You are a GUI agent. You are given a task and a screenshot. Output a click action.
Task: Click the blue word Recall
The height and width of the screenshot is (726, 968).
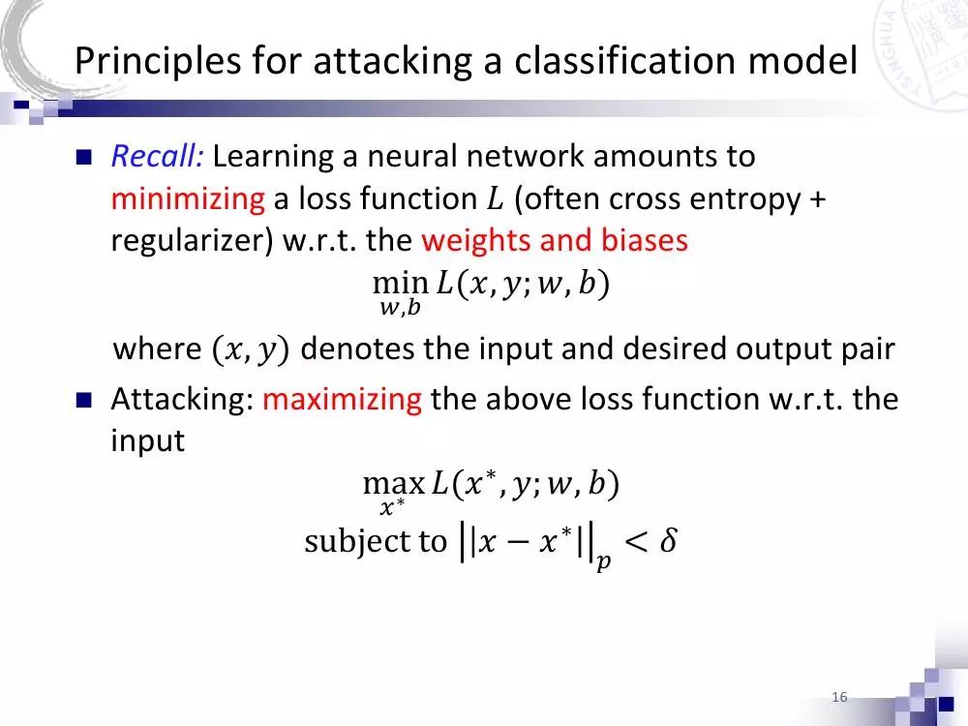coord(156,156)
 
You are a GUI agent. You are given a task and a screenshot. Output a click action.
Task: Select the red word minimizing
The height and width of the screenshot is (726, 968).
coord(187,199)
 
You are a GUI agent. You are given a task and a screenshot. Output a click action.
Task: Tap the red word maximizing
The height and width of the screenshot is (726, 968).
coord(342,399)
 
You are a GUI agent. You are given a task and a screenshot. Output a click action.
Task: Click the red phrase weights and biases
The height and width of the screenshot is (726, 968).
coord(555,241)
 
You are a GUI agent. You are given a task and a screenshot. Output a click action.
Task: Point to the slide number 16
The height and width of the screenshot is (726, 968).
coord(839,698)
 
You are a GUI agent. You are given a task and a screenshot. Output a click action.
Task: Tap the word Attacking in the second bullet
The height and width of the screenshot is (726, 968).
coord(182,399)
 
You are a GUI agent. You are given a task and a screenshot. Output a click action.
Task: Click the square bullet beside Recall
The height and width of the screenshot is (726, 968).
coord(83,157)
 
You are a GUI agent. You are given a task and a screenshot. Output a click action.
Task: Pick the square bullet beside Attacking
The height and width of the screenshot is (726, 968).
coord(83,400)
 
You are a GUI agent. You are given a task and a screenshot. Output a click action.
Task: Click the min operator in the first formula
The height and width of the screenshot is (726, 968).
coord(400,284)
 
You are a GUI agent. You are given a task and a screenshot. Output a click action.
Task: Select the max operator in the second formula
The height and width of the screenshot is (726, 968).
coord(393,483)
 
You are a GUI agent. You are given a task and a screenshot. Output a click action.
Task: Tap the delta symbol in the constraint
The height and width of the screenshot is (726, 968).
coord(666,541)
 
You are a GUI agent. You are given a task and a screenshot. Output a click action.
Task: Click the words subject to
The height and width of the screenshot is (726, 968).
coord(376,541)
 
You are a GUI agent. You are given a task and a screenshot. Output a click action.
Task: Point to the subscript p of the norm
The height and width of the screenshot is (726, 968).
coord(603,561)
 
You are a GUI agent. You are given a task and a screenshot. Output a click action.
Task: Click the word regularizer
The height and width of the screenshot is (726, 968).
coord(191,241)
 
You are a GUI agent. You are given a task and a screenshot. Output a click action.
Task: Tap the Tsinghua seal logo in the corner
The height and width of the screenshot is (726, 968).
coord(924,48)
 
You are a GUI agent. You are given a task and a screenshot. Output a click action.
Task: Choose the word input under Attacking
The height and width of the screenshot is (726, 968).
coord(147,441)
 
